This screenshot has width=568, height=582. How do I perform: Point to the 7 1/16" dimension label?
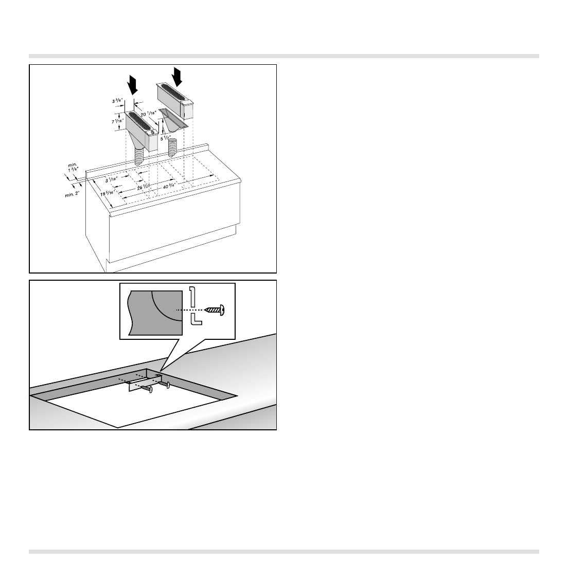tap(118, 122)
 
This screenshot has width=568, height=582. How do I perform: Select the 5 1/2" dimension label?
tap(165, 137)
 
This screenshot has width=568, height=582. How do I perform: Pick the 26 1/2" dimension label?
tap(143, 188)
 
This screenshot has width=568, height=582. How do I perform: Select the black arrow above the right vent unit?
tap(178, 77)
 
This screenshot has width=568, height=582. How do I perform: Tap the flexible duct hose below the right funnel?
tap(173, 147)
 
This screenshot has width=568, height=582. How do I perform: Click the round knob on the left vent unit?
tap(152, 132)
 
